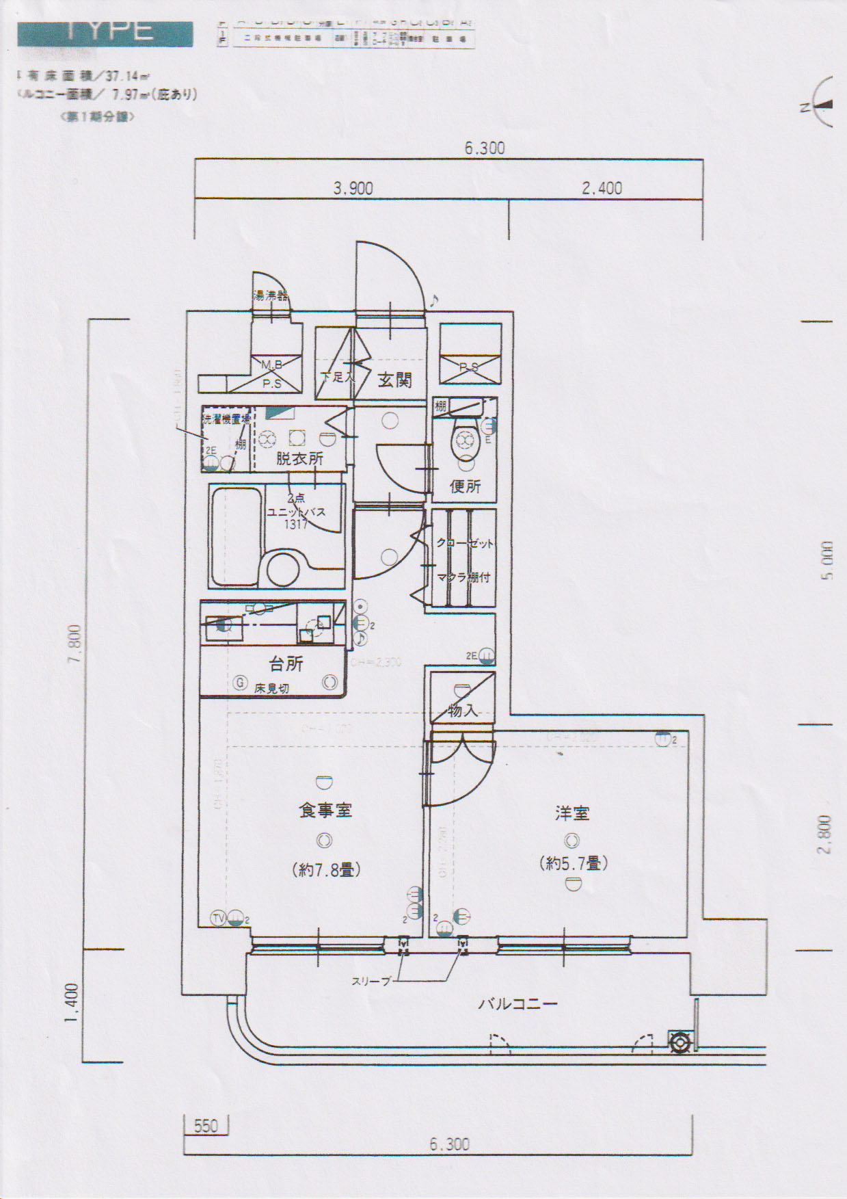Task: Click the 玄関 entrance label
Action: coord(394,380)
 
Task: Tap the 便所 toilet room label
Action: coord(465,486)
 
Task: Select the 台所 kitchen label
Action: coord(286,663)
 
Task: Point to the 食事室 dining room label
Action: coord(325,811)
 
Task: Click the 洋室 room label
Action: coord(572,813)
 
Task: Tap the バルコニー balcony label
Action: coord(517,1004)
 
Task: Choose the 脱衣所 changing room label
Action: coord(299,458)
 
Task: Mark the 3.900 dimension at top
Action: coord(353,188)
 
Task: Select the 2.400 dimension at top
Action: coord(602,188)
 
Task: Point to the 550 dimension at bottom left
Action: coord(206,1125)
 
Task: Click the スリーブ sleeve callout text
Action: coord(371,981)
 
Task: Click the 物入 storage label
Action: coord(462,711)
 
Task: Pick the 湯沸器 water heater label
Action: coord(271,296)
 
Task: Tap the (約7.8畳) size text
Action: coord(325,870)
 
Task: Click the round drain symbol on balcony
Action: coord(680,1043)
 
